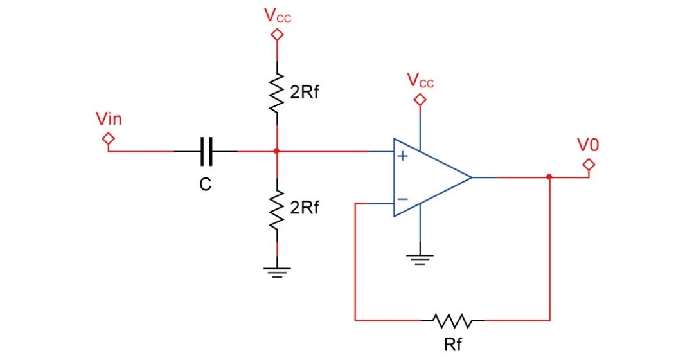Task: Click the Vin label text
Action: coord(109,119)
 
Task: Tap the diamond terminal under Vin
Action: coord(109,138)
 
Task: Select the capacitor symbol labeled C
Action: coord(206,152)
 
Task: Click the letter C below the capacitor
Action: coord(205,185)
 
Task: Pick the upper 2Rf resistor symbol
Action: coord(277,92)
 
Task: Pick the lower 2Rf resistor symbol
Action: coord(277,210)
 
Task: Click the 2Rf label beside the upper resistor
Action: coord(304,93)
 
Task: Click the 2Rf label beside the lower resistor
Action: coord(304,208)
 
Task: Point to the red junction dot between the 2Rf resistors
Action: coord(277,152)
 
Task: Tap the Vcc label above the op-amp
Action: coord(420,81)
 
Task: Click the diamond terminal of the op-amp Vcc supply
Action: coord(420,100)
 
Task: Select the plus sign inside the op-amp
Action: coord(403,156)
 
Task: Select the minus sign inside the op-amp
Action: coord(402,199)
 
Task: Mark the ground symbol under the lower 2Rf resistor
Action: coord(277,271)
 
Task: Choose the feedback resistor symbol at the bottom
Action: coord(452,319)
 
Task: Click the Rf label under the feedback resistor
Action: coord(452,344)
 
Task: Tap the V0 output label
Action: coord(588,145)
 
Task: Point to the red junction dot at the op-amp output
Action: coord(549,177)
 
